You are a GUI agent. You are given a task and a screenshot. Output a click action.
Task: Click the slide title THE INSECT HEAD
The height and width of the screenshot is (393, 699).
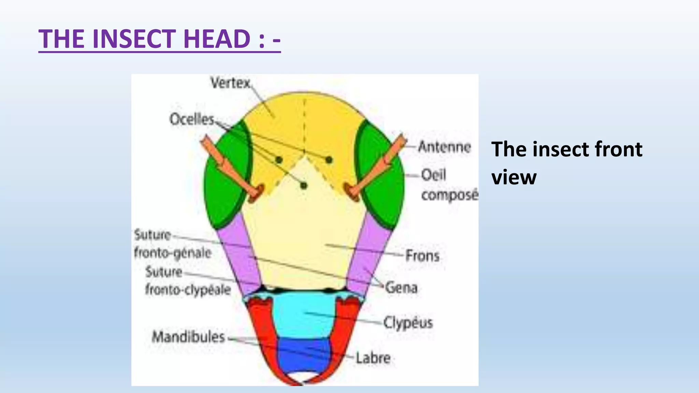tap(159, 39)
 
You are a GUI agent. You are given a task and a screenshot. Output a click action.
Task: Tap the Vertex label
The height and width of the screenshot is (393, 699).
tap(230, 83)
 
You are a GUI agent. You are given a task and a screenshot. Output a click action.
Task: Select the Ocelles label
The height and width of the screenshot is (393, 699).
tap(191, 119)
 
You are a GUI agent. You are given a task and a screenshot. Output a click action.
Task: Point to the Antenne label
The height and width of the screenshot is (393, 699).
tap(444, 147)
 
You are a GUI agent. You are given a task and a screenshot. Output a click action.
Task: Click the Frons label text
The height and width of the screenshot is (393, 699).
tap(422, 256)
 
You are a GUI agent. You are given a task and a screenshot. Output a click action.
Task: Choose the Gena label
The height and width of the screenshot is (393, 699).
tap(401, 288)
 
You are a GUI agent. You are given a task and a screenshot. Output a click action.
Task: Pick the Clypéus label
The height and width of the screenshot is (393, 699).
tap(408, 322)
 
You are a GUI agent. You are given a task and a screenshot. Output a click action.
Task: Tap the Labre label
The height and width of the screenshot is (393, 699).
tap(373, 358)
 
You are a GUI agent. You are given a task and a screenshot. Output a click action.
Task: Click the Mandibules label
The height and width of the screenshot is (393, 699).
tap(188, 337)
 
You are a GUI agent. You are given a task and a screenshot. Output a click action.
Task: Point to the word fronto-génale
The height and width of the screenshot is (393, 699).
tap(173, 253)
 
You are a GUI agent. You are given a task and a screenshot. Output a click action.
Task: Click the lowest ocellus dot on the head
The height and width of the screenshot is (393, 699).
tap(303, 186)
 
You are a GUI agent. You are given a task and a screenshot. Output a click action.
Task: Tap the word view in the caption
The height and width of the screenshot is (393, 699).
tap(514, 178)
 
